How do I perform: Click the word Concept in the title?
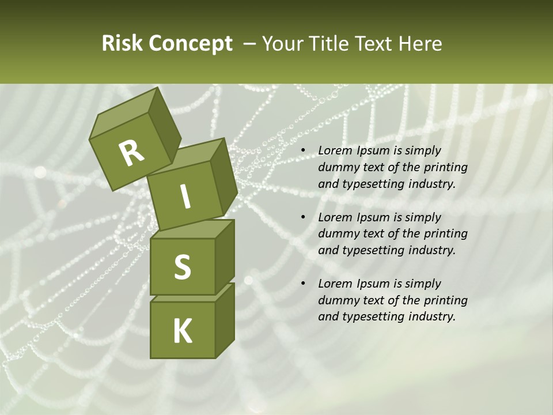click(x=191, y=44)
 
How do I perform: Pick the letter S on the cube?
click(x=182, y=267)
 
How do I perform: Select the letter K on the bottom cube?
click(x=182, y=331)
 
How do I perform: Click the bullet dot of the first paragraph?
click(x=302, y=151)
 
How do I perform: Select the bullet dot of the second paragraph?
click(x=302, y=217)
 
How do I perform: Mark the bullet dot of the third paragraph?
click(x=302, y=284)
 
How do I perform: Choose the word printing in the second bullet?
click(x=445, y=233)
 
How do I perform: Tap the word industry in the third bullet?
click(x=431, y=316)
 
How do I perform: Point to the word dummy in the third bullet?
click(x=338, y=300)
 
